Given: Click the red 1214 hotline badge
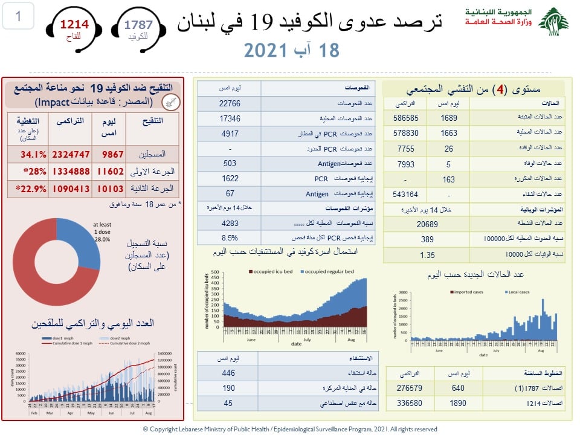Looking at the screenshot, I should pos(74,27).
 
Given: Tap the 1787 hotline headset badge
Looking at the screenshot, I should pos(138,27).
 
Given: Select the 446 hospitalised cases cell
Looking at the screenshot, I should pos(228,373).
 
